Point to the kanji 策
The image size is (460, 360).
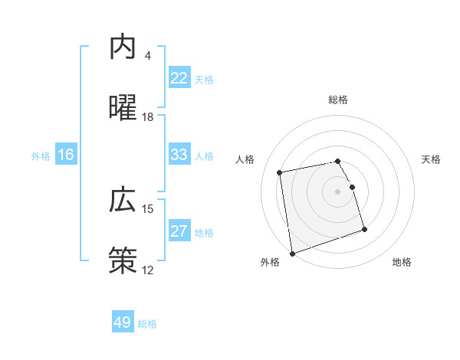(123, 260)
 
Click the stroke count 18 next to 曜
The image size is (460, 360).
(148, 117)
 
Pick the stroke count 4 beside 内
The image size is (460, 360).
(148, 56)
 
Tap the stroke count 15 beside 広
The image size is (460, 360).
(148, 209)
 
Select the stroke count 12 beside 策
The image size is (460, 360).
(148, 270)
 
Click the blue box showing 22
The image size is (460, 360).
(179, 78)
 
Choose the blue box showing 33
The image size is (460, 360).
(179, 155)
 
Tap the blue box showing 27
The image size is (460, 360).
(179, 231)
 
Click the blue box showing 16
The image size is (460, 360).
(66, 155)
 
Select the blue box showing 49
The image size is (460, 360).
(123, 322)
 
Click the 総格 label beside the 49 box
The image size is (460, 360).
(147, 324)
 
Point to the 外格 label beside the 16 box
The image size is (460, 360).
(41, 156)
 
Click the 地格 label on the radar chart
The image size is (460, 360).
(402, 262)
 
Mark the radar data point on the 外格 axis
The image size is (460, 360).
(291, 253)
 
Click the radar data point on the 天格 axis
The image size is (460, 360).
(352, 187)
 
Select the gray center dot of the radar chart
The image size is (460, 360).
(338, 191)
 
